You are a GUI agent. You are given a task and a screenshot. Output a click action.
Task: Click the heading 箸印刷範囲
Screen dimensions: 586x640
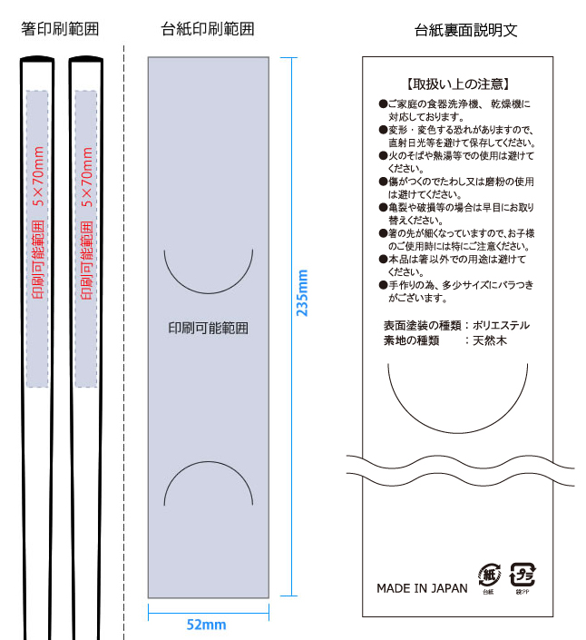tap(60, 30)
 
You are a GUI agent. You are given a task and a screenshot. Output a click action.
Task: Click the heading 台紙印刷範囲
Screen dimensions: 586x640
tap(208, 30)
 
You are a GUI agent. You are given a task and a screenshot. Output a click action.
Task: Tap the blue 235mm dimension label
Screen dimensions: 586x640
tap(303, 292)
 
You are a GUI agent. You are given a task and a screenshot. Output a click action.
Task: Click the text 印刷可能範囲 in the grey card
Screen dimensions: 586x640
tap(209, 328)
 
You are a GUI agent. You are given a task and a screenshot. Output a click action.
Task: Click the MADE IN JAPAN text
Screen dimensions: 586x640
tap(422, 588)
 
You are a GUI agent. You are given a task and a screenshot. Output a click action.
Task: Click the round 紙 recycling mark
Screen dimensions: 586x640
tap(488, 574)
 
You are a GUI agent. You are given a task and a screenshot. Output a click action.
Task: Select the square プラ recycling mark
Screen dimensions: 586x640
tap(522, 574)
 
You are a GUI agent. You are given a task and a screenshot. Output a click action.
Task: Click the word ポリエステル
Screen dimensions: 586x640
tap(501, 325)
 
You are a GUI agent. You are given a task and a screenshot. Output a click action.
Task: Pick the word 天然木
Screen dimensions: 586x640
tap(490, 340)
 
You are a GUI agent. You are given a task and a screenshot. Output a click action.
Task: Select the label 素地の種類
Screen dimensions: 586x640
tap(411, 340)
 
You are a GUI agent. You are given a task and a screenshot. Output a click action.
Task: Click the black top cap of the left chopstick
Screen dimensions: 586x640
tap(37, 59)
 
